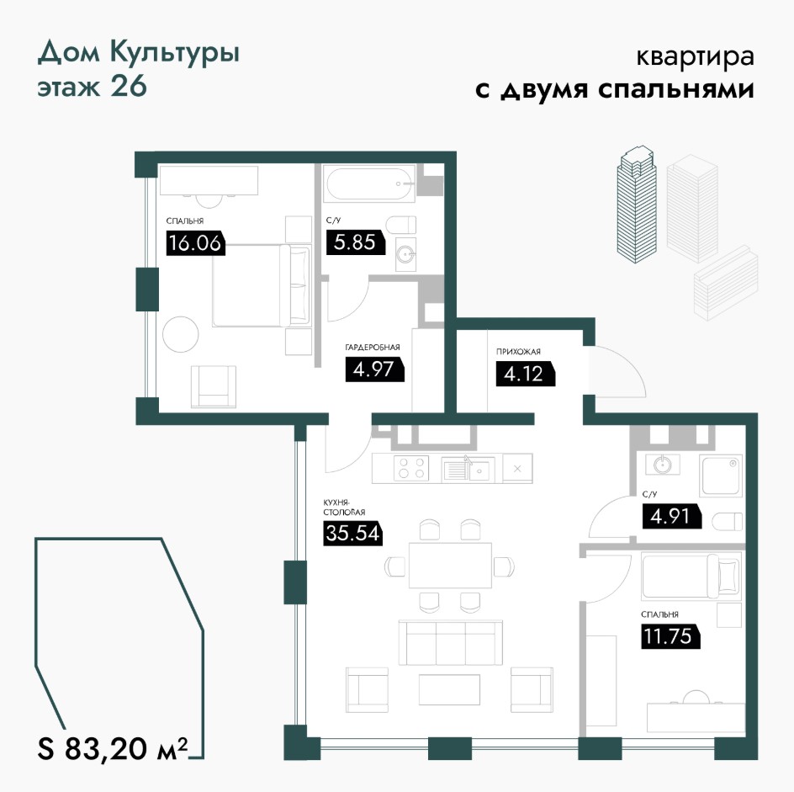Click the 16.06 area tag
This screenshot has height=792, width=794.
click(x=195, y=242)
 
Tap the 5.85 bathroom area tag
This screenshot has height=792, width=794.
click(x=356, y=242)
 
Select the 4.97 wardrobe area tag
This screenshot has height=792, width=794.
click(x=374, y=369)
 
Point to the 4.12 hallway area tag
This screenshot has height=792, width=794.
click(x=525, y=374)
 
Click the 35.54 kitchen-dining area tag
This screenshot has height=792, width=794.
click(x=352, y=533)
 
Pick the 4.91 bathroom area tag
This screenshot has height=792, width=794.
click(x=671, y=516)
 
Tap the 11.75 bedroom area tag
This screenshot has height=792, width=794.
click(x=670, y=636)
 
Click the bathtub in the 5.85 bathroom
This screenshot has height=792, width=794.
click(x=371, y=184)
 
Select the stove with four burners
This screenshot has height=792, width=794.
click(x=410, y=468)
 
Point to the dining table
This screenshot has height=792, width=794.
click(x=450, y=565)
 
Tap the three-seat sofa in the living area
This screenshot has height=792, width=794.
click(x=450, y=642)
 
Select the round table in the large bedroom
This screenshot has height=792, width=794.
click(x=181, y=334)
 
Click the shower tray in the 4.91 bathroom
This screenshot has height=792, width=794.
click(x=720, y=476)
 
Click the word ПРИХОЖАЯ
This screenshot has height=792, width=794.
click(x=518, y=351)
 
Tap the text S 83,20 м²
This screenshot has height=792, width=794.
click(x=113, y=748)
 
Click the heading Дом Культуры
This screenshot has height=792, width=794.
click(x=138, y=54)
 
